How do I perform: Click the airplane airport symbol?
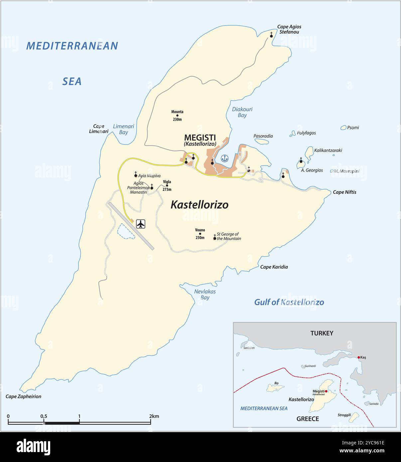click(141, 224)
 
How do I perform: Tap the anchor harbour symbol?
click(225, 158)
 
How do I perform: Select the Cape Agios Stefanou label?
click(289, 29)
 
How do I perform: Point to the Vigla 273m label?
click(167, 185)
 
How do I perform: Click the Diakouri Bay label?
click(242, 112)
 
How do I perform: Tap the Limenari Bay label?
click(123, 129)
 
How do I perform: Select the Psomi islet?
click(343, 128)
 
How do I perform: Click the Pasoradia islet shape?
click(262, 141)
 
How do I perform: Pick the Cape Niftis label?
click(344, 192)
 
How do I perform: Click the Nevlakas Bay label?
click(205, 294)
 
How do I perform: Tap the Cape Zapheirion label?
click(23, 396)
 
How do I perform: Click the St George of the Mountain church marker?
click(215, 238)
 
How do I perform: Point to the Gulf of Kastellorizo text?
click(289, 302)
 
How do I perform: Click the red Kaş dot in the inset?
click(359, 357)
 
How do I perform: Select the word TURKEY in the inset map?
click(322, 333)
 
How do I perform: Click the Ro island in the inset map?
click(275, 388)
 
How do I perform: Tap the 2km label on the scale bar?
click(154, 416)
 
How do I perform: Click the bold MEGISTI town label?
click(200, 137)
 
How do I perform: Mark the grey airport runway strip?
click(131, 226)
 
